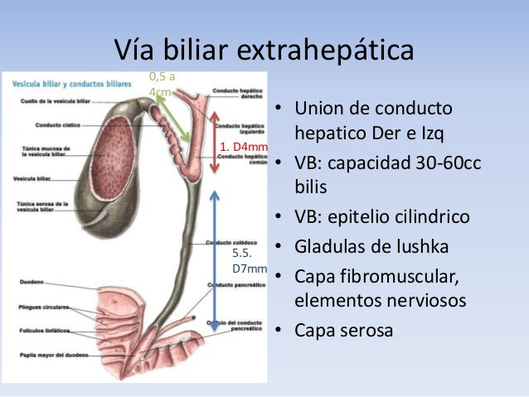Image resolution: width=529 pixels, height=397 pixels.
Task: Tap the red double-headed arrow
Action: [216, 142]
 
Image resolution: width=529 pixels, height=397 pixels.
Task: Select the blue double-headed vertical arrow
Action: [215, 261]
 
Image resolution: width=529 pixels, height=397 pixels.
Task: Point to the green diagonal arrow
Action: [173, 118]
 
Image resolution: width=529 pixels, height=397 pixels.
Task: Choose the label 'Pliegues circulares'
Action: [39, 306]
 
